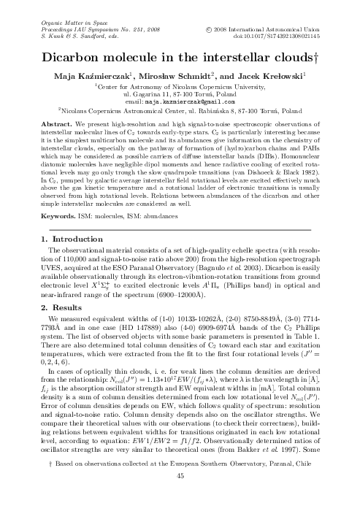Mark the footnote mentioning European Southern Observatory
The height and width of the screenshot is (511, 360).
click(180, 483)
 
